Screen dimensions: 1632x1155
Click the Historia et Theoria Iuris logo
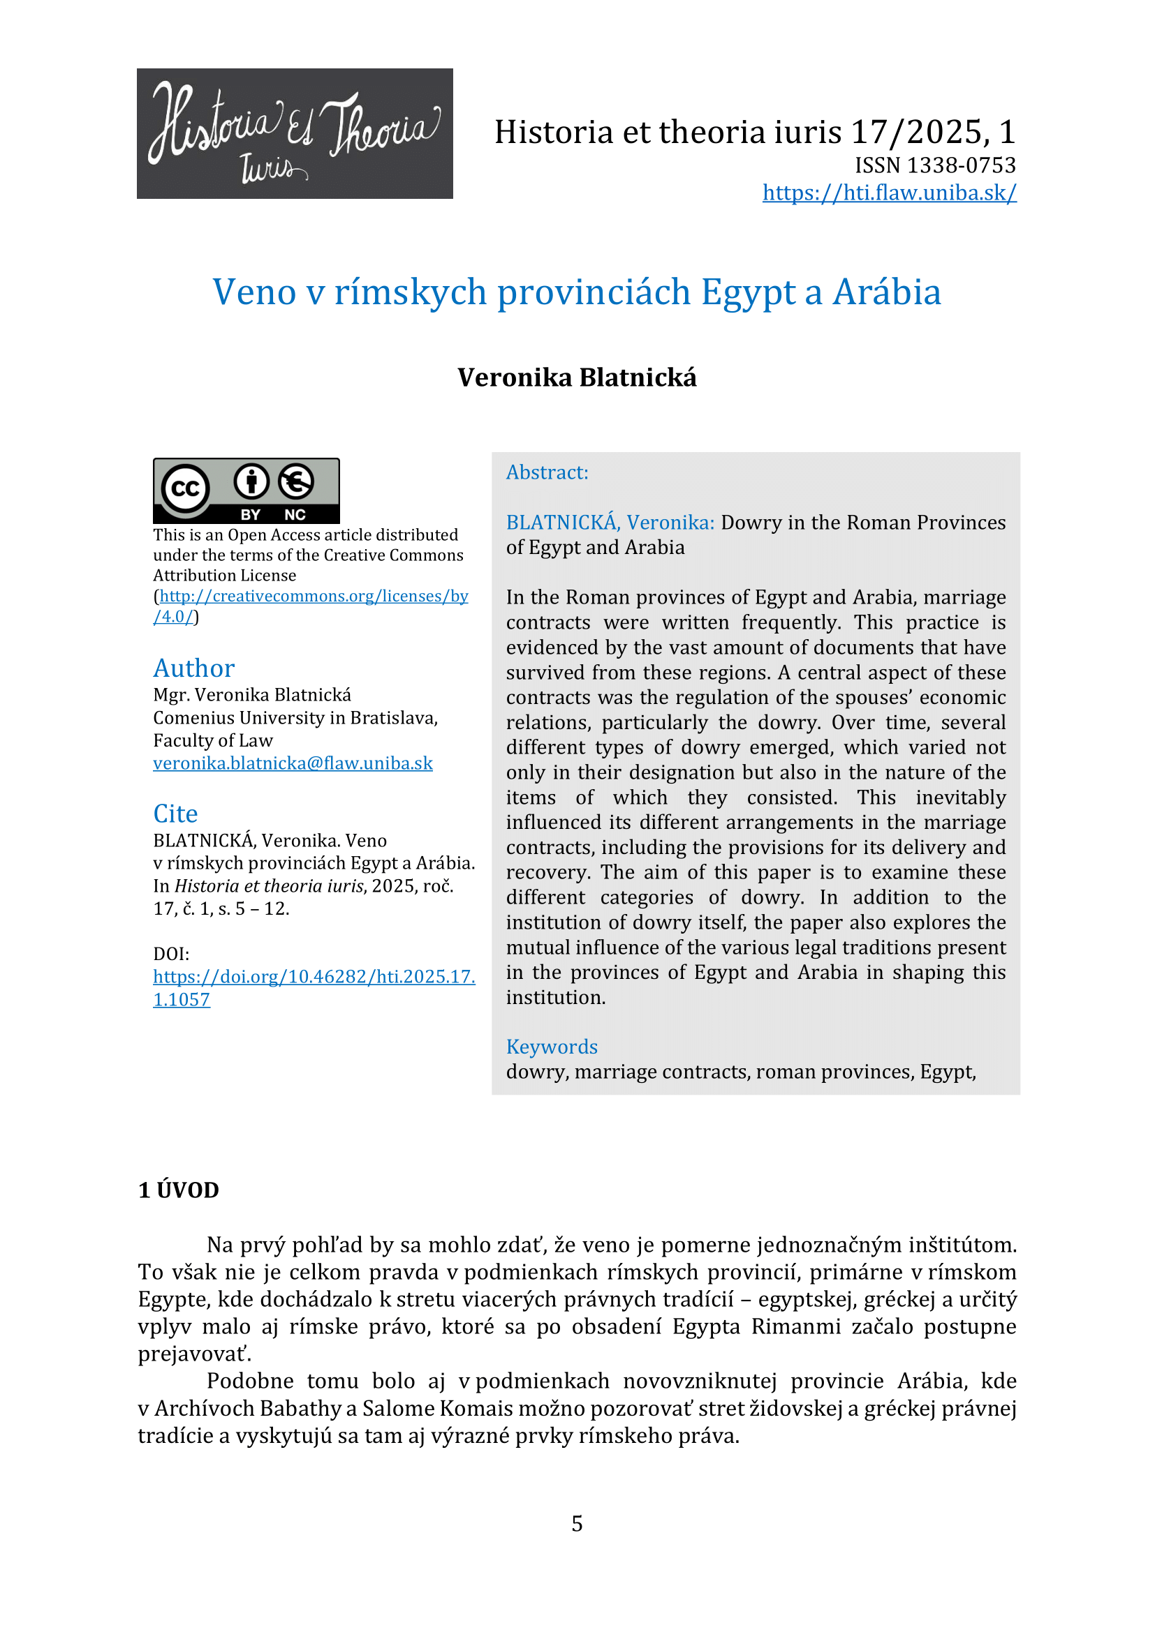tap(295, 134)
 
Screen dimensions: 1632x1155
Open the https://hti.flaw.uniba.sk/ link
tap(889, 193)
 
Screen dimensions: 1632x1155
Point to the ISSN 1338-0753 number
tap(935, 165)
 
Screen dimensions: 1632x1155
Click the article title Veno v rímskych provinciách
tap(577, 292)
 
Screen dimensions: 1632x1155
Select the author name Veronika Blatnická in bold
tap(577, 377)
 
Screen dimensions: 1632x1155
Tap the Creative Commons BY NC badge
tap(246, 491)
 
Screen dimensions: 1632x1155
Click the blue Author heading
tap(193, 668)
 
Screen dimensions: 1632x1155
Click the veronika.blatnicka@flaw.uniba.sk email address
tap(293, 763)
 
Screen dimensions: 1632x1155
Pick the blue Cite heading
tap(175, 814)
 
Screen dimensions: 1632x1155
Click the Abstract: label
tap(547, 472)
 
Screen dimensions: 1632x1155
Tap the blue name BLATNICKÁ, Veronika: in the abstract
tap(610, 523)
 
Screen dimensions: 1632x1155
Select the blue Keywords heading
tap(551, 1047)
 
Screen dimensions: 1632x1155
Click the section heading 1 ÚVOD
tap(179, 1190)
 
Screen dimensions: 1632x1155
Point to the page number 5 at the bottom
tap(577, 1524)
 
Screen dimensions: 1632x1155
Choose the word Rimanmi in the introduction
tap(796, 1326)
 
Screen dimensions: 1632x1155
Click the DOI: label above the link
tap(171, 954)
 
